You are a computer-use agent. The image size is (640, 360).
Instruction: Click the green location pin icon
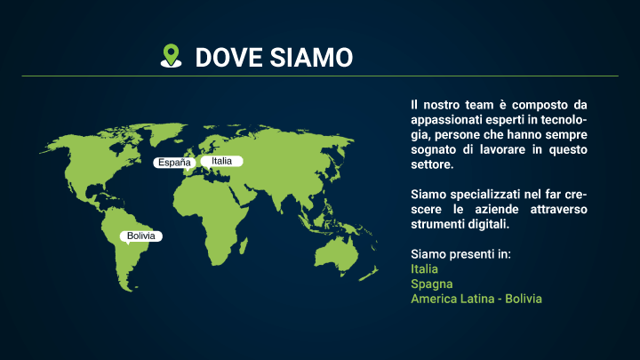(x=171, y=55)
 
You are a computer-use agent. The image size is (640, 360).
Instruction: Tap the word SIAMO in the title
(x=311, y=57)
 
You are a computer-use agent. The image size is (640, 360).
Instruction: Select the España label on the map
(x=174, y=163)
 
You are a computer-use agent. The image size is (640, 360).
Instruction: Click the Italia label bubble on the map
(x=221, y=162)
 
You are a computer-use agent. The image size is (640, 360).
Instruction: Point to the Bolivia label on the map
(x=140, y=236)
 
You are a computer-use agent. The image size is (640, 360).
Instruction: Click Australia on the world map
(x=337, y=255)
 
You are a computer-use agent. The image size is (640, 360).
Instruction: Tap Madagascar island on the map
(x=244, y=246)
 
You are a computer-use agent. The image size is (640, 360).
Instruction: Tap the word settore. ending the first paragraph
(x=432, y=164)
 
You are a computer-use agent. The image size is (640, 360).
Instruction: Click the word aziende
(x=497, y=210)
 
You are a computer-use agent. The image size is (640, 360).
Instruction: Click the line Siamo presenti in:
(x=460, y=254)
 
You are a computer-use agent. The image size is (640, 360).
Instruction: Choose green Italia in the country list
(x=425, y=269)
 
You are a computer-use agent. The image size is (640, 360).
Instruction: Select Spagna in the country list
(x=432, y=284)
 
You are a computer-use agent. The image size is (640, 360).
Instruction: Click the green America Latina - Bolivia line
(x=476, y=299)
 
